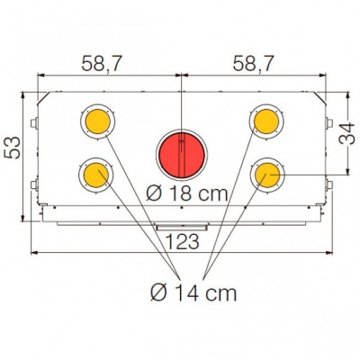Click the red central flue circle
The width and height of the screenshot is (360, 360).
(x=182, y=156)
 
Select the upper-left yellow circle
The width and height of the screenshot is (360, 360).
(x=98, y=121)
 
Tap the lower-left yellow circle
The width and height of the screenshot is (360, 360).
(x=96, y=175)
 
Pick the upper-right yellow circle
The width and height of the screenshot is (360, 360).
(x=266, y=121)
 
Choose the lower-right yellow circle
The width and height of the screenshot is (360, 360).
(x=267, y=175)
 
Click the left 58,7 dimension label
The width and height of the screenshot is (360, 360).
(x=102, y=64)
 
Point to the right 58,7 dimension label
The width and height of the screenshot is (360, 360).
(x=254, y=64)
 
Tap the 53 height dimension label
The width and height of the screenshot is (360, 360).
(x=12, y=148)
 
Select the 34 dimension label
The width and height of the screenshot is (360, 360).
(x=346, y=133)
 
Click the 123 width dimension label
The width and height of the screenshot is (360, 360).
(x=183, y=241)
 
